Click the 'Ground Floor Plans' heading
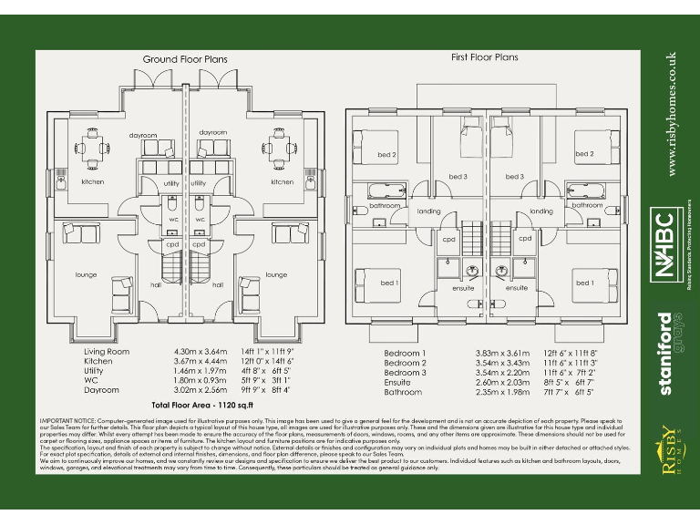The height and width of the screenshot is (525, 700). point(185,59)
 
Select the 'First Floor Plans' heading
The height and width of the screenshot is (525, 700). point(485,57)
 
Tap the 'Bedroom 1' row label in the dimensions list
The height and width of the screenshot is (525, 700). point(405,352)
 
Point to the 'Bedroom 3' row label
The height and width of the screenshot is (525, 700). point(405,372)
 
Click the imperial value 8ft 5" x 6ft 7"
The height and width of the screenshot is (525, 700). point(568,382)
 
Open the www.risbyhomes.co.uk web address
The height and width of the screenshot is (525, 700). point(673,114)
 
